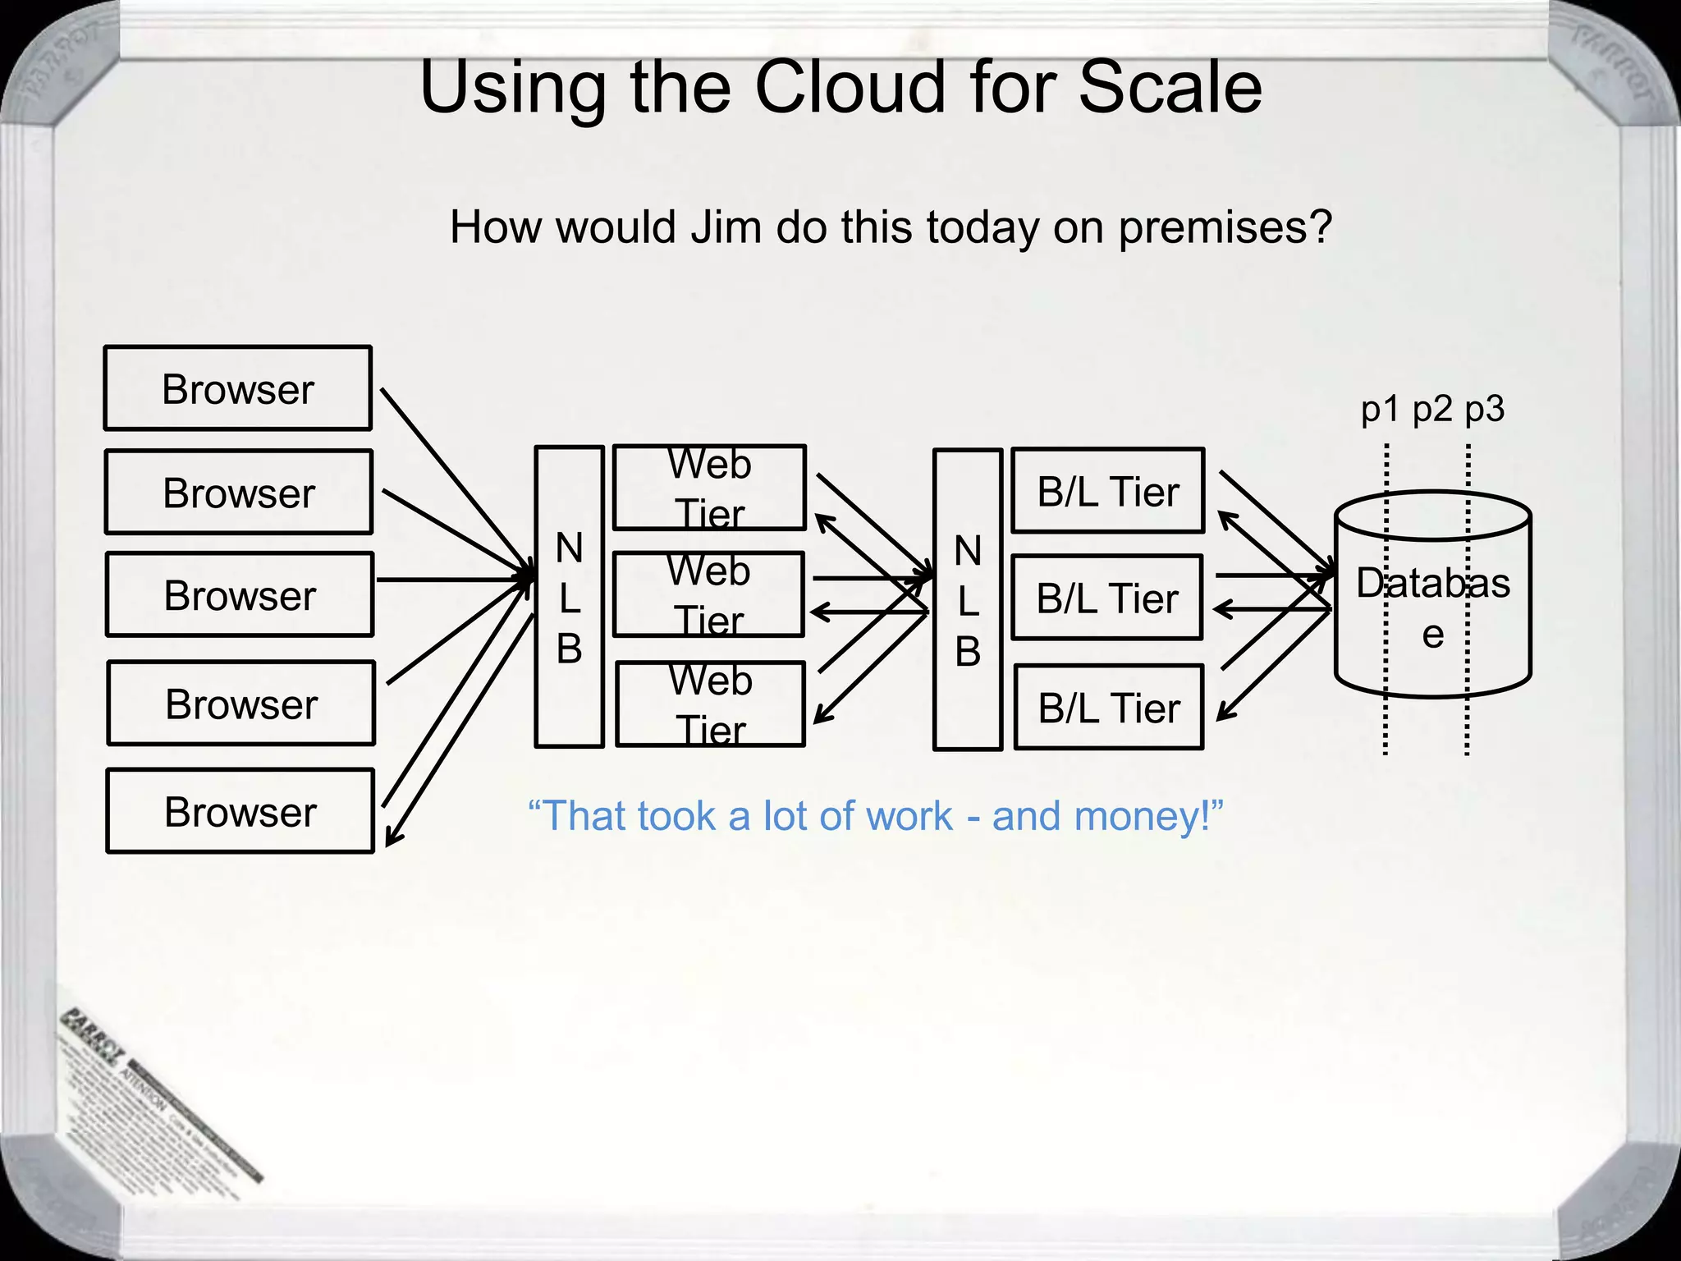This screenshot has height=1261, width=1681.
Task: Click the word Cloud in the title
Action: [850, 88]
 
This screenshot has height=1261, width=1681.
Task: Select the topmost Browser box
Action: [238, 388]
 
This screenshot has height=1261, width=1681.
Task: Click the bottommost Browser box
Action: [240, 811]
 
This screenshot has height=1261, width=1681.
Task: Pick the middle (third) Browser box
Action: [240, 595]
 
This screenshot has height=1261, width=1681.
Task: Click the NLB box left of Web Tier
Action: [569, 597]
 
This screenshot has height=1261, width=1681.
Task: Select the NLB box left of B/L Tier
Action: [968, 599]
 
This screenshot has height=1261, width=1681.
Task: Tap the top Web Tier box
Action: [709, 488]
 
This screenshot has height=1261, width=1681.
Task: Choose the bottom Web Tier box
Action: [711, 704]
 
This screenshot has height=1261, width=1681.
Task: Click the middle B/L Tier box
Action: [1107, 598]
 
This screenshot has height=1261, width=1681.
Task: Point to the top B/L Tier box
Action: [1108, 491]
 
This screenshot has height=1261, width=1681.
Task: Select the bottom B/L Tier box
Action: [1109, 708]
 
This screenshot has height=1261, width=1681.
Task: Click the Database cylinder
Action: [1432, 595]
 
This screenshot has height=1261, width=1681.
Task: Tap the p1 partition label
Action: [1379, 409]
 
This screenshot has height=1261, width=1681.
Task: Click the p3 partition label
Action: [1485, 409]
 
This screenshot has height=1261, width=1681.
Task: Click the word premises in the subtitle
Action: [1224, 227]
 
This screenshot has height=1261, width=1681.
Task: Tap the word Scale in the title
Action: [1170, 88]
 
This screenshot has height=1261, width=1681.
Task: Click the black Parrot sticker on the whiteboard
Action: [156, 1092]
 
